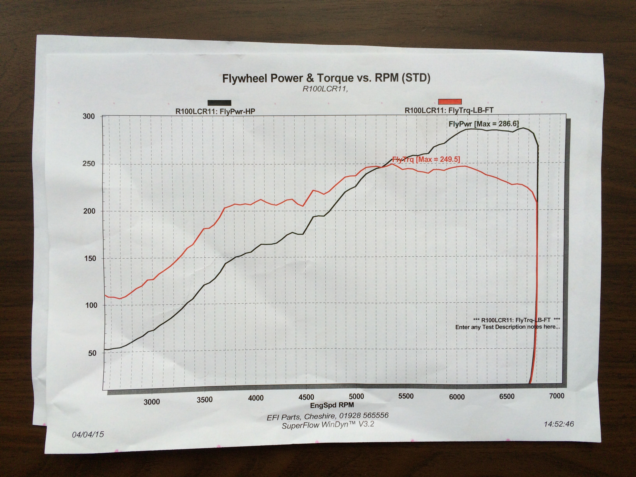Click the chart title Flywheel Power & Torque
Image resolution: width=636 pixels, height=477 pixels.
[x=326, y=78]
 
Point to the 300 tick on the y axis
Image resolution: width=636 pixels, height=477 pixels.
[x=88, y=117]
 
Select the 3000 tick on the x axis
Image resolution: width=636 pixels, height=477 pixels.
[x=152, y=402]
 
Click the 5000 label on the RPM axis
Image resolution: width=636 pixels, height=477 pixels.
[x=356, y=397]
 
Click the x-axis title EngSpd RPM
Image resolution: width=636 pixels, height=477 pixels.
[x=332, y=405]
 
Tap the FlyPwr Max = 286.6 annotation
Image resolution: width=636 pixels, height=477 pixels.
[x=484, y=124]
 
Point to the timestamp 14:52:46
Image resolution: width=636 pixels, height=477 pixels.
[x=559, y=424]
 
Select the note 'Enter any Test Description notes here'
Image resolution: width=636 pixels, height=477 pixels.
[x=507, y=327]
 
